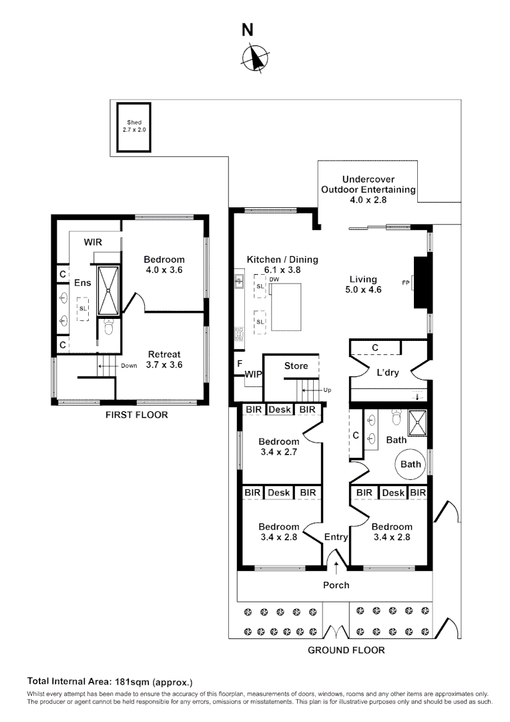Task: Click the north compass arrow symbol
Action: coord(254,57)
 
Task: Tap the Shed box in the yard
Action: coord(134,126)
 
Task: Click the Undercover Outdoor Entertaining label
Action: coord(368,189)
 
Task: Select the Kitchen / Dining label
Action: coord(282,259)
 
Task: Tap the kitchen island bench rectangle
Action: coord(285,308)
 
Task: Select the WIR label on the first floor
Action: coord(93,242)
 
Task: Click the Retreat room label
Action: coord(164,354)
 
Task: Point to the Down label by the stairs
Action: coord(130,366)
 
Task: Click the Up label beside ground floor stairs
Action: coord(328,390)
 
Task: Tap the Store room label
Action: coord(296,366)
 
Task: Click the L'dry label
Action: coord(387,373)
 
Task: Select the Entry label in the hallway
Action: coord(336,537)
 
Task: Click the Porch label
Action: coord(336,585)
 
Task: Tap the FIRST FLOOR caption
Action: coord(137,415)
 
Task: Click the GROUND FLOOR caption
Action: coord(346,650)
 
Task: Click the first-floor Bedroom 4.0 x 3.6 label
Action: coord(164,265)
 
